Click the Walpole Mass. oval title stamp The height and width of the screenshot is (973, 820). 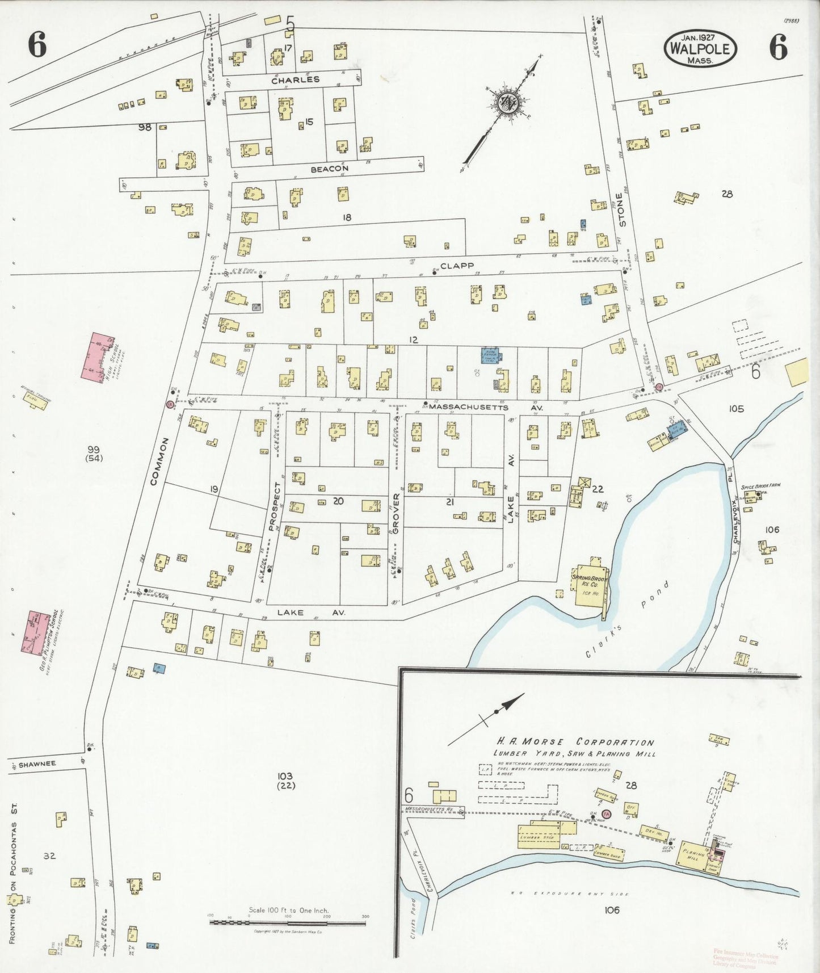click(x=700, y=48)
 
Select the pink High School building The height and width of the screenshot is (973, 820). click(x=100, y=356)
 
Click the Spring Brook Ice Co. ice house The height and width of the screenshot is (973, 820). click(x=590, y=585)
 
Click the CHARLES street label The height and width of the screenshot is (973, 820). click(x=295, y=80)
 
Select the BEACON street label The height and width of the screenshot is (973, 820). click(x=329, y=169)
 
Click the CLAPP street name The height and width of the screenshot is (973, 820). click(x=456, y=265)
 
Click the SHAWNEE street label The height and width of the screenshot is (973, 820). click(x=37, y=764)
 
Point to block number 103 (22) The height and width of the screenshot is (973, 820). click(x=285, y=781)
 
